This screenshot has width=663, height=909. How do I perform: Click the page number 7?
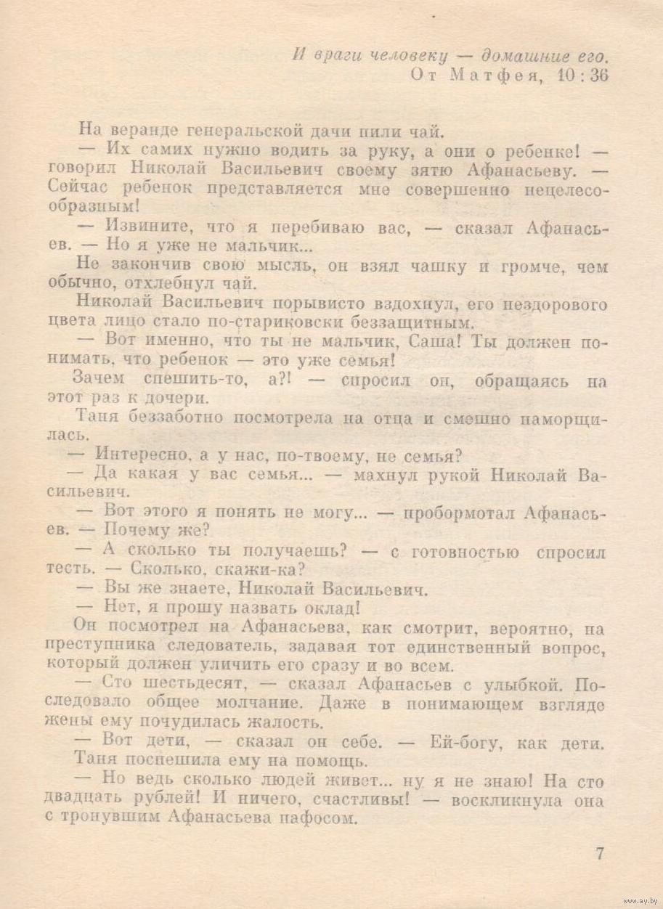pos(600,854)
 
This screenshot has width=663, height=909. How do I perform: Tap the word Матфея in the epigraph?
pos(495,75)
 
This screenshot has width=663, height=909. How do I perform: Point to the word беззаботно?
pos(182,418)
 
